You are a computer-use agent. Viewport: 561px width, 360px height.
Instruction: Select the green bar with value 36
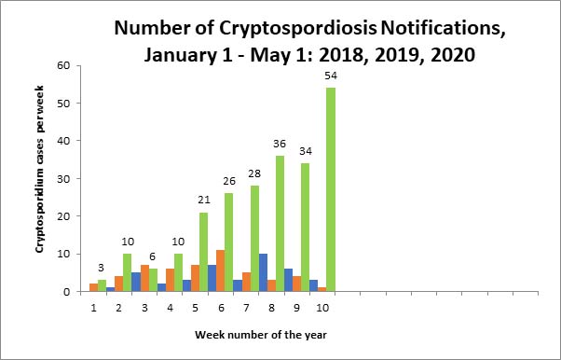[280, 224]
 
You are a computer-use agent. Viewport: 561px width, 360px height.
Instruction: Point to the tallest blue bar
[263, 272]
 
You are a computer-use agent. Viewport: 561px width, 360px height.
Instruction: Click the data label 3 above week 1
[102, 269]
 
